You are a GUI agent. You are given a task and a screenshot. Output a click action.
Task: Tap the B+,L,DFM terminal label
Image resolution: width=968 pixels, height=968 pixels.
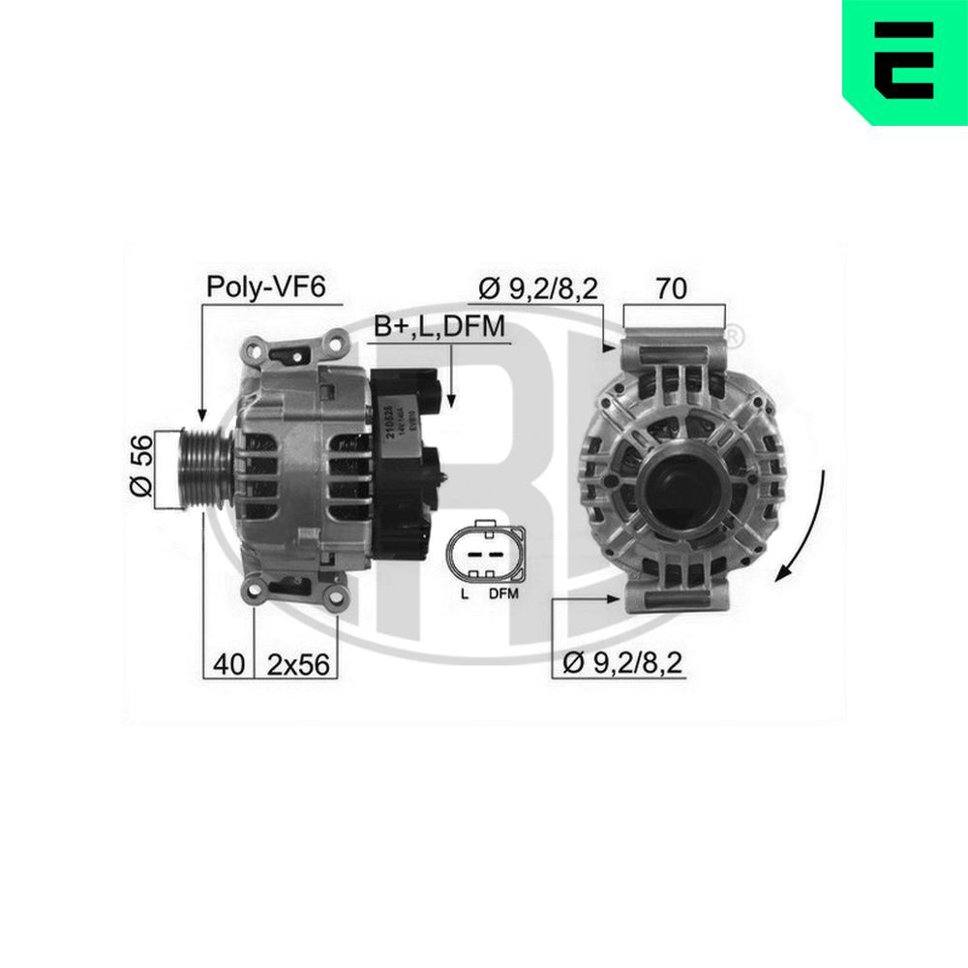click(440, 327)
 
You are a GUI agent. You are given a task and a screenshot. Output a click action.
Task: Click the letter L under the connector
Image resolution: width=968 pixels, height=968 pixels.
click(465, 593)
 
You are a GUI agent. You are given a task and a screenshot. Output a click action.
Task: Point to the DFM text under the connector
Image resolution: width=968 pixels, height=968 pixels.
click(503, 593)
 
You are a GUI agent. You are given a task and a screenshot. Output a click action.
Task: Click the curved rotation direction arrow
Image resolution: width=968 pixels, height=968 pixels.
click(803, 528)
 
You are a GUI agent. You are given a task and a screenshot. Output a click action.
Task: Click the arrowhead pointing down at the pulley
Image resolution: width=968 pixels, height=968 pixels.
click(201, 413)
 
